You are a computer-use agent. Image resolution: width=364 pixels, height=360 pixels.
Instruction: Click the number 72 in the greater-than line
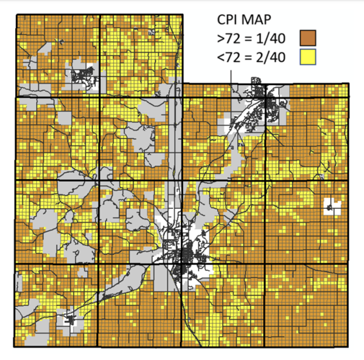pyautogui.click(x=234, y=36)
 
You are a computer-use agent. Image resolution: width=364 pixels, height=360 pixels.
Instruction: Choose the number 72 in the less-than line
pyautogui.click(x=234, y=56)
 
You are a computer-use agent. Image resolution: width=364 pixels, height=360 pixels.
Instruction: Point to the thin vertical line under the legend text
pyautogui.click(x=231, y=75)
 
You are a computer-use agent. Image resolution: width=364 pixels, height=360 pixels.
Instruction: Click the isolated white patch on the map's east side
pyautogui.click(x=331, y=207)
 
